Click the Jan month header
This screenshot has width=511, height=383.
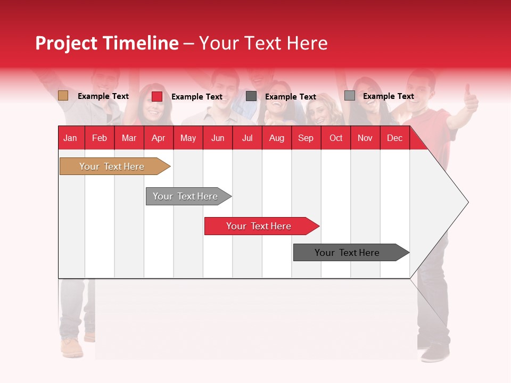tap(70, 138)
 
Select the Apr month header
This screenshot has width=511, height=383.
tap(158, 138)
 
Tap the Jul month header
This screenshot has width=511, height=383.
tap(247, 138)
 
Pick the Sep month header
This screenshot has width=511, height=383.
tap(306, 138)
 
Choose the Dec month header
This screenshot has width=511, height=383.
tap(394, 138)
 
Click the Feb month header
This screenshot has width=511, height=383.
tap(100, 138)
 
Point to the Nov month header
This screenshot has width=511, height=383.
tap(365, 138)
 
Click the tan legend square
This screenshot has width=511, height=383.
tap(63, 96)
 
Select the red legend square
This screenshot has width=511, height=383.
tap(157, 96)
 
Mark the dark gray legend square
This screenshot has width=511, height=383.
tap(251, 96)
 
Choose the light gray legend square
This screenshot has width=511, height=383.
tap(350, 96)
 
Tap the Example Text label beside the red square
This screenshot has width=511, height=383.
tap(196, 97)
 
